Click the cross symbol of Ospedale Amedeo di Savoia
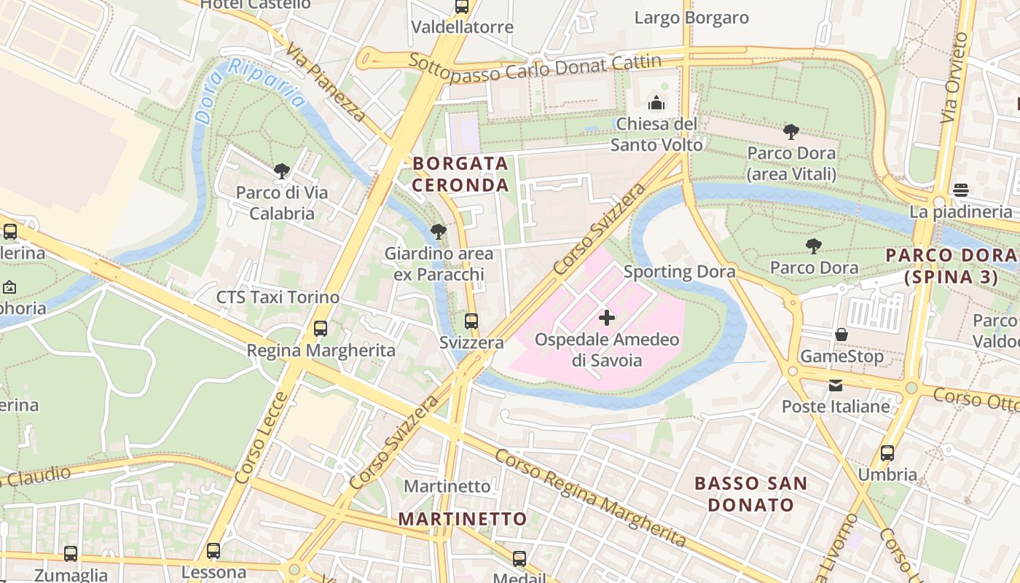606,317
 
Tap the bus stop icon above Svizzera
471,321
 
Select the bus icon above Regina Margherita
321,328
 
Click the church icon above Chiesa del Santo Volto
656,102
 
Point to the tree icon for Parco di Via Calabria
282,171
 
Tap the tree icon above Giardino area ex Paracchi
438,232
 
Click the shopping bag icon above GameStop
841,334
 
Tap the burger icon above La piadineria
960,190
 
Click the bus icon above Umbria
887,453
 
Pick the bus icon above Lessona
213,550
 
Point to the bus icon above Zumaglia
71,553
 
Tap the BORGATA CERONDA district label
460,173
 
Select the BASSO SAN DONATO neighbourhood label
750,493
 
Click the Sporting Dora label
679,272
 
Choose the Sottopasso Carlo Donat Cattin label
535,68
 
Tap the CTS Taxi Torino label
278,297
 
